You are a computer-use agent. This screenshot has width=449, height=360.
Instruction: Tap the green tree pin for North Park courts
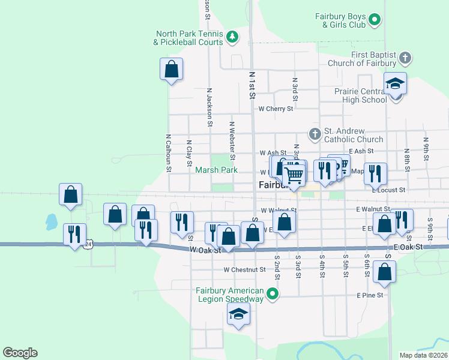click(x=232, y=37)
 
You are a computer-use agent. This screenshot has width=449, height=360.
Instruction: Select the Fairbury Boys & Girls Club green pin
click(x=375, y=20)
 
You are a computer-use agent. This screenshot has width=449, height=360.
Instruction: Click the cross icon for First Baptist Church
click(x=405, y=58)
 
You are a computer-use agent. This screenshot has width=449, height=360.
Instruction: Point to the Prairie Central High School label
click(x=361, y=95)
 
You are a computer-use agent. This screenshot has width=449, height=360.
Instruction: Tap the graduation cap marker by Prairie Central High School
click(x=396, y=83)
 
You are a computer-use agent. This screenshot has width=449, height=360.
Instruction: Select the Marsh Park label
click(x=217, y=170)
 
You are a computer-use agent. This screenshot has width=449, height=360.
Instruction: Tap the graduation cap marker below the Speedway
click(x=238, y=314)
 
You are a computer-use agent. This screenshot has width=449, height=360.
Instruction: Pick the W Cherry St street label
click(x=276, y=109)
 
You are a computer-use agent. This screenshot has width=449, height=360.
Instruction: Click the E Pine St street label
click(x=369, y=295)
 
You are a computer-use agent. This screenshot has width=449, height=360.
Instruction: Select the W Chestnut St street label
click(x=244, y=270)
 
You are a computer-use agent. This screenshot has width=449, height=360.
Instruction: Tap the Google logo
click(x=20, y=353)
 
